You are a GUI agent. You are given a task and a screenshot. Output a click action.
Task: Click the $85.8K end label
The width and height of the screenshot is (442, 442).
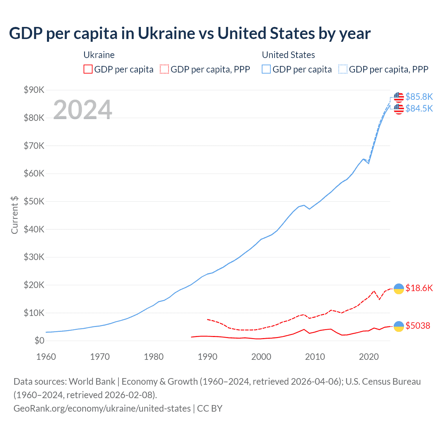pyautogui.click(x=419, y=97)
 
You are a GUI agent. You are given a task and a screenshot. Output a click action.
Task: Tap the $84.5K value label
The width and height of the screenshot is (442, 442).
pyautogui.click(x=419, y=108)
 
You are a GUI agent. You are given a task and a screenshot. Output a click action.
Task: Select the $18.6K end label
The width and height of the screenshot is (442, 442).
pyautogui.click(x=419, y=288)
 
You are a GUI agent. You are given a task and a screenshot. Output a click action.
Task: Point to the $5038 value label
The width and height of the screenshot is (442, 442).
pyautogui.click(x=418, y=326)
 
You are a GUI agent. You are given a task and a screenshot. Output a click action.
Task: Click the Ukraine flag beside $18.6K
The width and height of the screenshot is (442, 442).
pyautogui.click(x=399, y=288)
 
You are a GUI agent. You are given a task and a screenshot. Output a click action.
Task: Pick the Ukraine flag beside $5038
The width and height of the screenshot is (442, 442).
pyautogui.click(x=399, y=326)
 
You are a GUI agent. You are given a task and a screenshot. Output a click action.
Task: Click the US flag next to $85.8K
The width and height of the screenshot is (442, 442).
pyautogui.click(x=399, y=97)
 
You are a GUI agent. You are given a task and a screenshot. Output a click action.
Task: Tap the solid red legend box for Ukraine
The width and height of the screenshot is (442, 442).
pyautogui.click(x=88, y=69)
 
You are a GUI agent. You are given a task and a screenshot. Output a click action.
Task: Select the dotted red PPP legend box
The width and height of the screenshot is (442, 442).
pyautogui.click(x=165, y=69)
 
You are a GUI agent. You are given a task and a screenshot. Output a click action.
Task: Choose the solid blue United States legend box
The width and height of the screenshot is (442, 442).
pyautogui.click(x=266, y=69)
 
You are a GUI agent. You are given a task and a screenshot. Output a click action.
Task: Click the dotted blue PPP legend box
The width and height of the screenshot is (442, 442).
pyautogui.click(x=343, y=69)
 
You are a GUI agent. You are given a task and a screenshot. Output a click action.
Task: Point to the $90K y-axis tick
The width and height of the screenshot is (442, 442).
pyautogui.click(x=34, y=90)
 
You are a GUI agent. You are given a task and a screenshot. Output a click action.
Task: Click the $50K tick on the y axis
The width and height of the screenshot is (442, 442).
pyautogui.click(x=34, y=202)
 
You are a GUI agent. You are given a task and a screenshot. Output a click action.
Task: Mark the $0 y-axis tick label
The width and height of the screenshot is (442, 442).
pyautogui.click(x=39, y=341)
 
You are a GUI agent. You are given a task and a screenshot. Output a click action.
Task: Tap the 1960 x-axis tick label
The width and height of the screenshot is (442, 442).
pyautogui.click(x=46, y=357)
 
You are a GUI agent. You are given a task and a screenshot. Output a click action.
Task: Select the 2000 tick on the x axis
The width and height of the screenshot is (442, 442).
pyautogui.click(x=261, y=357)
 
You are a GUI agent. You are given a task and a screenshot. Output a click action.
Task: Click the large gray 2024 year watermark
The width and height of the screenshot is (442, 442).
pyautogui.click(x=83, y=110)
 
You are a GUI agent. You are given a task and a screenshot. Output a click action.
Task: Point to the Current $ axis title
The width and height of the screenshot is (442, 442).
pyautogui.click(x=15, y=215)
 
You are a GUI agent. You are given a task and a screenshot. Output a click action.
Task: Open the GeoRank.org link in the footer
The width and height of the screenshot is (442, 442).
pyautogui.click(x=102, y=409)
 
